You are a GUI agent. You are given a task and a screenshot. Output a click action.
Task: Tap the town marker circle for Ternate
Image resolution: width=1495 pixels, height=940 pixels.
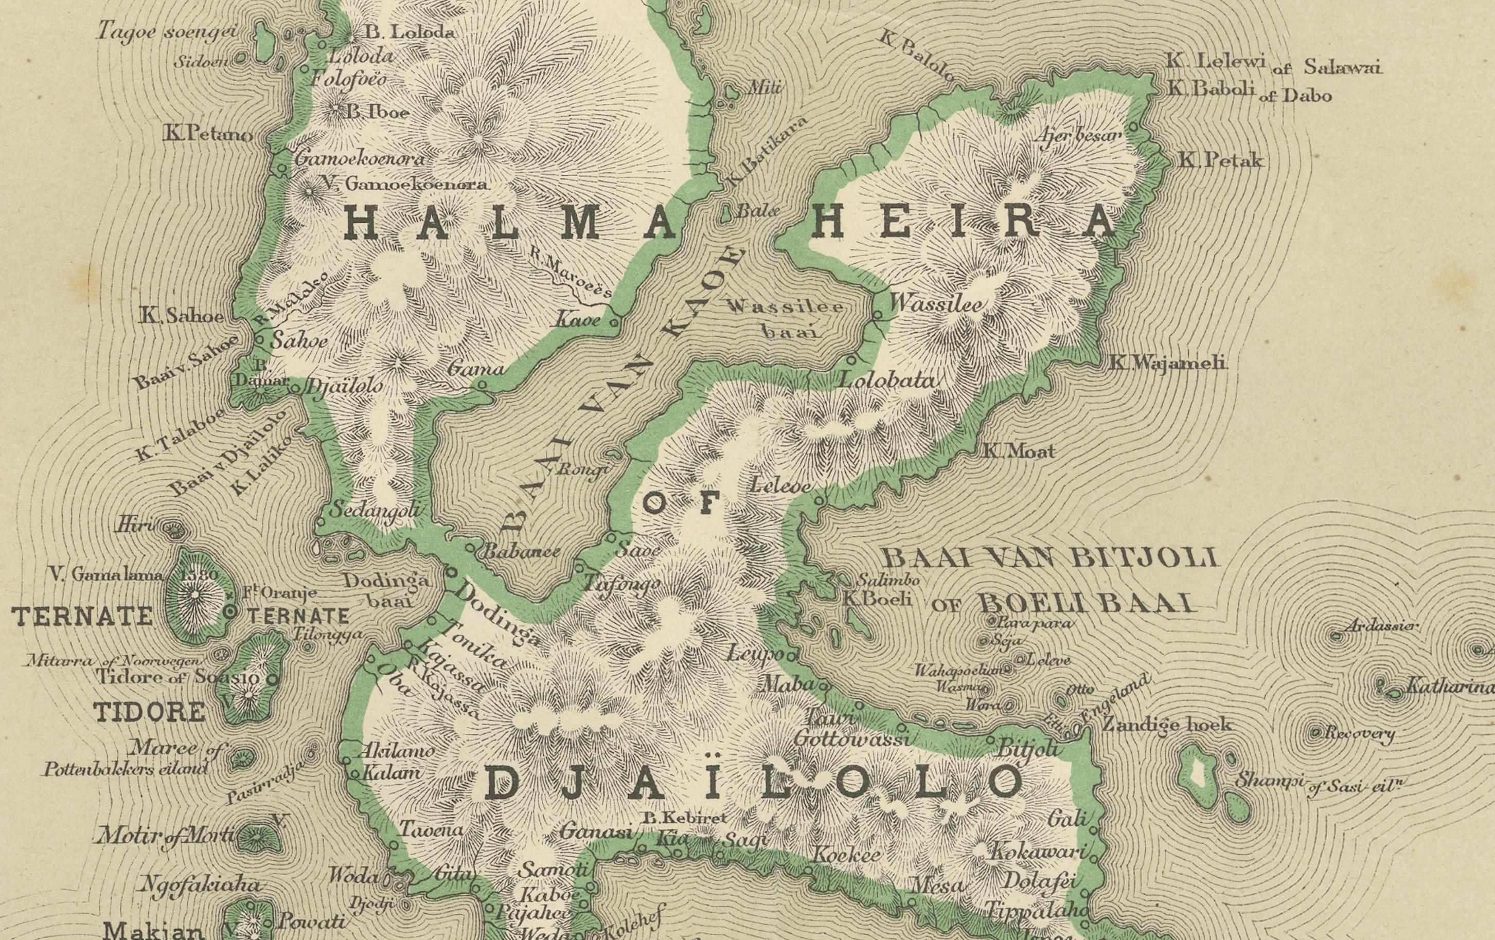click(x=230, y=612)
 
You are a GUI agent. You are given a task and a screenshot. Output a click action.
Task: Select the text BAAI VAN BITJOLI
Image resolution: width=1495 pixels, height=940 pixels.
click(x=1049, y=558)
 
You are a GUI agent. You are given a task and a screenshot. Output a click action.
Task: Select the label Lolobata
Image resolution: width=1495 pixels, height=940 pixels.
click(x=886, y=379)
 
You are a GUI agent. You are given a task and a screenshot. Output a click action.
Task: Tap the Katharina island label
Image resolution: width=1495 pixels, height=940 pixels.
click(x=1449, y=688)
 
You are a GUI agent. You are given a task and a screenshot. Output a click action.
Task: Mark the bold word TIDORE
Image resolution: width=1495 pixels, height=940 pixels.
click(x=150, y=712)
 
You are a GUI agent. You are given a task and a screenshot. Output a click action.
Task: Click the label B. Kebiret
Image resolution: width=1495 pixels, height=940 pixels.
click(x=684, y=818)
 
